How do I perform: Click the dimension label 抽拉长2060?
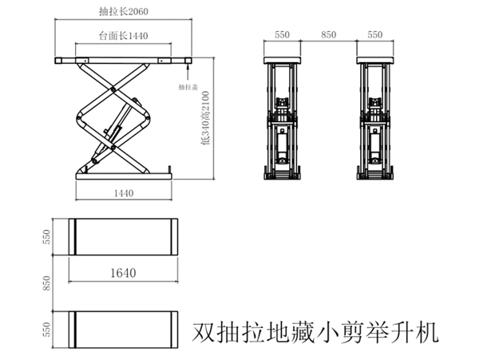124,12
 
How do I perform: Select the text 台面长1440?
124,37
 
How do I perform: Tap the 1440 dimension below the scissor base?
124,192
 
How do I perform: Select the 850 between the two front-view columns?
328,35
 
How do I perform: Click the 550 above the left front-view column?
282,35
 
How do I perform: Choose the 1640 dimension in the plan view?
124,272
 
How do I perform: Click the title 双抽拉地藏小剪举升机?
316,331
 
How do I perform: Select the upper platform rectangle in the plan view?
124,236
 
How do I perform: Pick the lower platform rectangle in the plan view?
124,329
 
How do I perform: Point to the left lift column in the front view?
282,120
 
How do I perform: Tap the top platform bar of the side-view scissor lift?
124,61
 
